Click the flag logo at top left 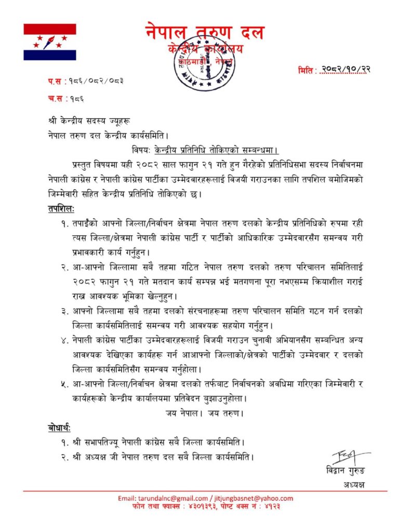50,42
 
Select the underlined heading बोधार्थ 58,428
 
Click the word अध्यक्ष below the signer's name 354,485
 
